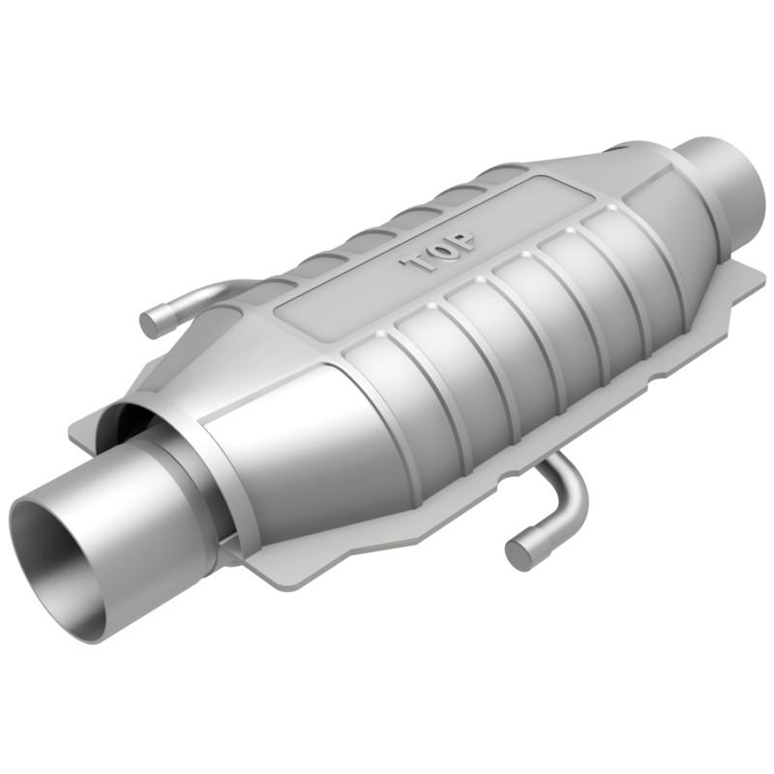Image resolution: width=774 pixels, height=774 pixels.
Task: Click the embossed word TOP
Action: pyautogui.click(x=439, y=253)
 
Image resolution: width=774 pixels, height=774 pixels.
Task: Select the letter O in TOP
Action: pyautogui.click(x=441, y=253)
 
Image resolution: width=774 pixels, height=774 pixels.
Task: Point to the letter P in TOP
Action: pyautogui.click(x=462, y=242)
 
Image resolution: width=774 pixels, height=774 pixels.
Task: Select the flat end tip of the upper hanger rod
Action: pyautogui.click(x=151, y=322)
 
